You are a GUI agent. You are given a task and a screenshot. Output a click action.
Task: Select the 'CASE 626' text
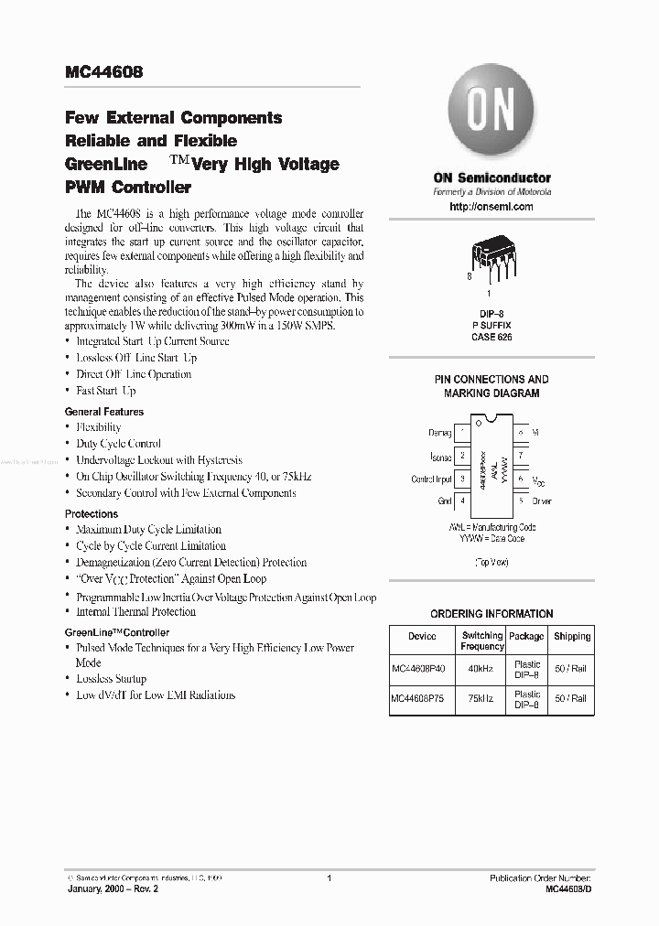[x=492, y=338]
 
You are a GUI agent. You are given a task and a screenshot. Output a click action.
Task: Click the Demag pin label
[x=439, y=432]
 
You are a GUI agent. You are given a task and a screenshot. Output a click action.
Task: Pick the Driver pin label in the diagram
[x=541, y=501]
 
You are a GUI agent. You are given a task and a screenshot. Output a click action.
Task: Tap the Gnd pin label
[x=444, y=501]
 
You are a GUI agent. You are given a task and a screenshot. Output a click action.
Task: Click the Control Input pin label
[x=431, y=479]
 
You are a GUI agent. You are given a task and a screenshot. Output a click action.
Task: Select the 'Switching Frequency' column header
[x=482, y=641]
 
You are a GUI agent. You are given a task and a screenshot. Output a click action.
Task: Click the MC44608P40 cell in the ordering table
[x=422, y=669]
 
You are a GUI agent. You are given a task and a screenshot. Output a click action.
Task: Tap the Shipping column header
[x=572, y=636]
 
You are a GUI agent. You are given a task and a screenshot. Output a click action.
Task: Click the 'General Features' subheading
[x=104, y=412]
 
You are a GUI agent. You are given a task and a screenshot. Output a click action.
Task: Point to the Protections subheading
[x=92, y=514]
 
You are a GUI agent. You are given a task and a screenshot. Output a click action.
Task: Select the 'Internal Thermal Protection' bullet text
[x=135, y=612]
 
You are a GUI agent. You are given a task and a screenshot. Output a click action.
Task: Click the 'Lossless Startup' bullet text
[x=111, y=679]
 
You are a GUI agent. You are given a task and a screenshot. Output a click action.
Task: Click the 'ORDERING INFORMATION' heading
[x=492, y=614]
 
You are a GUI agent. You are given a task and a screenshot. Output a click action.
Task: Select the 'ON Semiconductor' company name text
[x=492, y=178]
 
